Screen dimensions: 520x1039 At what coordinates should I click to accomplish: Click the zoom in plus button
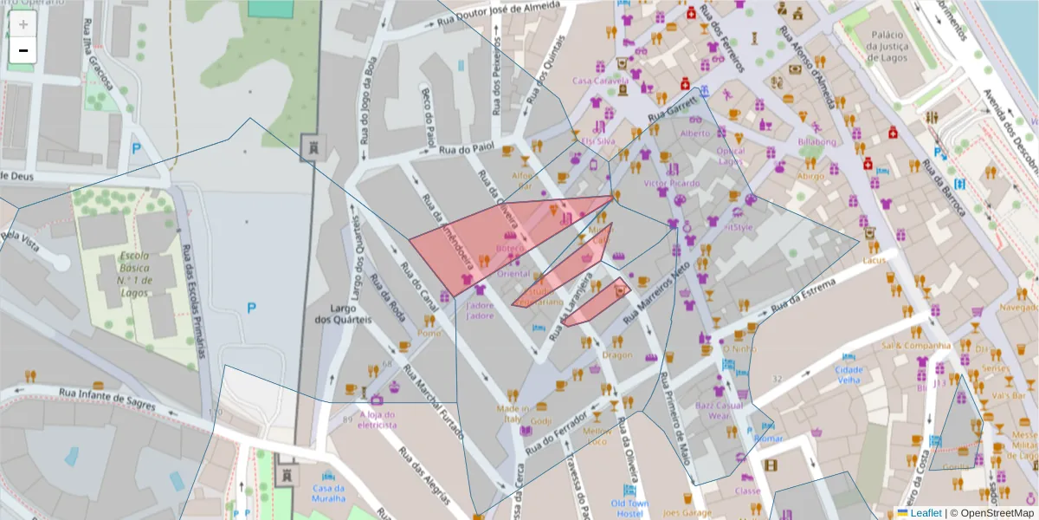tap(23, 24)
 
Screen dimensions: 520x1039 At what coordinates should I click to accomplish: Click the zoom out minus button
tap(23, 50)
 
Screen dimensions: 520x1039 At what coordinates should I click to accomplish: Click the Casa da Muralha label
tap(328, 492)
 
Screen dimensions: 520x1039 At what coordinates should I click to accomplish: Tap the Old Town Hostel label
tap(629, 509)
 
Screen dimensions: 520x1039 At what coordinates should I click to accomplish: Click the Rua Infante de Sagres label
tap(107, 398)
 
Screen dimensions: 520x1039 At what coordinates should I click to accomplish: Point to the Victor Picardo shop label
tap(672, 184)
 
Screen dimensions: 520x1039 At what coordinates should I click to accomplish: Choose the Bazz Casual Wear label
tap(719, 410)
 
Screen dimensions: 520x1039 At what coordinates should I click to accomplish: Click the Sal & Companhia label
tap(916, 345)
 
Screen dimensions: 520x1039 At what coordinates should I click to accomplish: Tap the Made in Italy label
tap(513, 413)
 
